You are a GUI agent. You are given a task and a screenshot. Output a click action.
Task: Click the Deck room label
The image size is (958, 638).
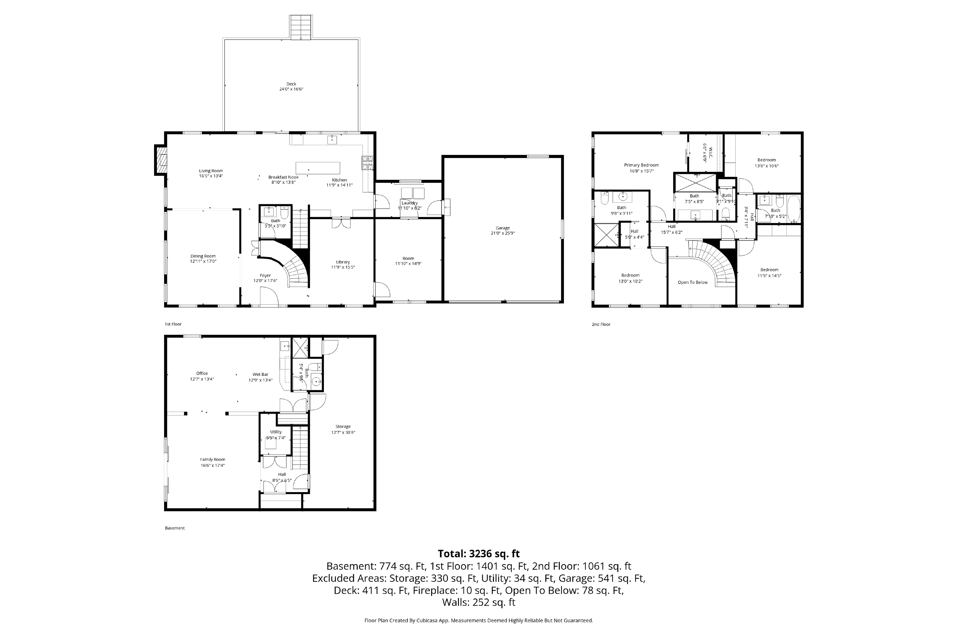click(x=291, y=84)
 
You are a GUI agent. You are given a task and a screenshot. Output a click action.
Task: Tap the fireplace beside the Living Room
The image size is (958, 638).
click(x=161, y=160)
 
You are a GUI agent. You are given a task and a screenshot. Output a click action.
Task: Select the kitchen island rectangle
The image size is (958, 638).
click(x=318, y=168)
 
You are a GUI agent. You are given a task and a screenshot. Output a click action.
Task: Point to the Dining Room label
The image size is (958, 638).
click(x=203, y=256)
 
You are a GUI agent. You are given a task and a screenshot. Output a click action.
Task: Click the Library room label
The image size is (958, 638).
click(x=343, y=262)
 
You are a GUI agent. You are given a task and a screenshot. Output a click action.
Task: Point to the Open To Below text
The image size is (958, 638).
click(x=692, y=282)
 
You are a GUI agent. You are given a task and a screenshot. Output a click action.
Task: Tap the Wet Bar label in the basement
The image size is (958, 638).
click(x=260, y=374)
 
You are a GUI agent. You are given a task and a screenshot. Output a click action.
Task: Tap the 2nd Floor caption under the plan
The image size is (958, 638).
click(x=601, y=325)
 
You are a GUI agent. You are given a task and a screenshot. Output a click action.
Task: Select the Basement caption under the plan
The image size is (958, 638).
click(x=175, y=528)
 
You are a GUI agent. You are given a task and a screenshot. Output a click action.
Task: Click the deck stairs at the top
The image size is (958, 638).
click(x=301, y=27)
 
